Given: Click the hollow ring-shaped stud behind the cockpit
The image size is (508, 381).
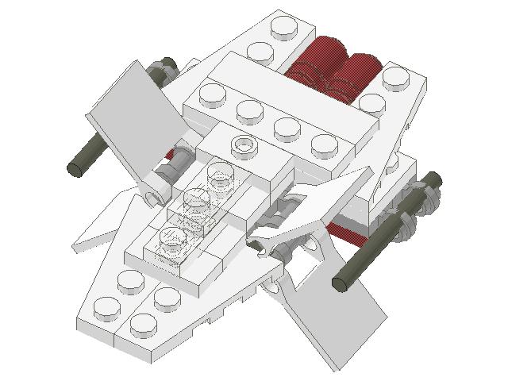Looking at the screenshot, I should pyautogui.click(x=245, y=145).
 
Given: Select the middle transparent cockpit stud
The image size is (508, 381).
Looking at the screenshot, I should pyautogui.click(x=198, y=200).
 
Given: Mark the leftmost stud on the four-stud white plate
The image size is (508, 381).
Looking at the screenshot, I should pyautogui.click(x=214, y=94).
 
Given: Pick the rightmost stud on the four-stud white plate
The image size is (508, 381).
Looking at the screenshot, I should pyautogui.click(x=325, y=144).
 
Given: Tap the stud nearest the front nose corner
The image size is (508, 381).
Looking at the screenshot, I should pyautogui.click(x=143, y=324).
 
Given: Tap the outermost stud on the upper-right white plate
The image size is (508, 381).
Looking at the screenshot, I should pyautogui.click(x=395, y=78).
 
